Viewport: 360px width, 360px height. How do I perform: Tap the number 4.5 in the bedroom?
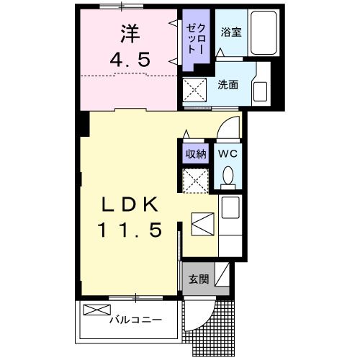click(130, 60)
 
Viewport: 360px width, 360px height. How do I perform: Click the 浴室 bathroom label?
click(230, 32)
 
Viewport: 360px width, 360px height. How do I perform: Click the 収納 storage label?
click(195, 153)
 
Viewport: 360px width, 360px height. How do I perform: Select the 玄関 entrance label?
click(198, 279)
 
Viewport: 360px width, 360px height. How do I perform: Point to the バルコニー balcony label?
click(135, 319)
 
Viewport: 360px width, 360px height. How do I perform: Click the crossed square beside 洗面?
click(194, 91)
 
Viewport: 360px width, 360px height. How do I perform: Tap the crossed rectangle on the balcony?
click(94, 310)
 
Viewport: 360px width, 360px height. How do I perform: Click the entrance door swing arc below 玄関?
click(198, 311)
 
